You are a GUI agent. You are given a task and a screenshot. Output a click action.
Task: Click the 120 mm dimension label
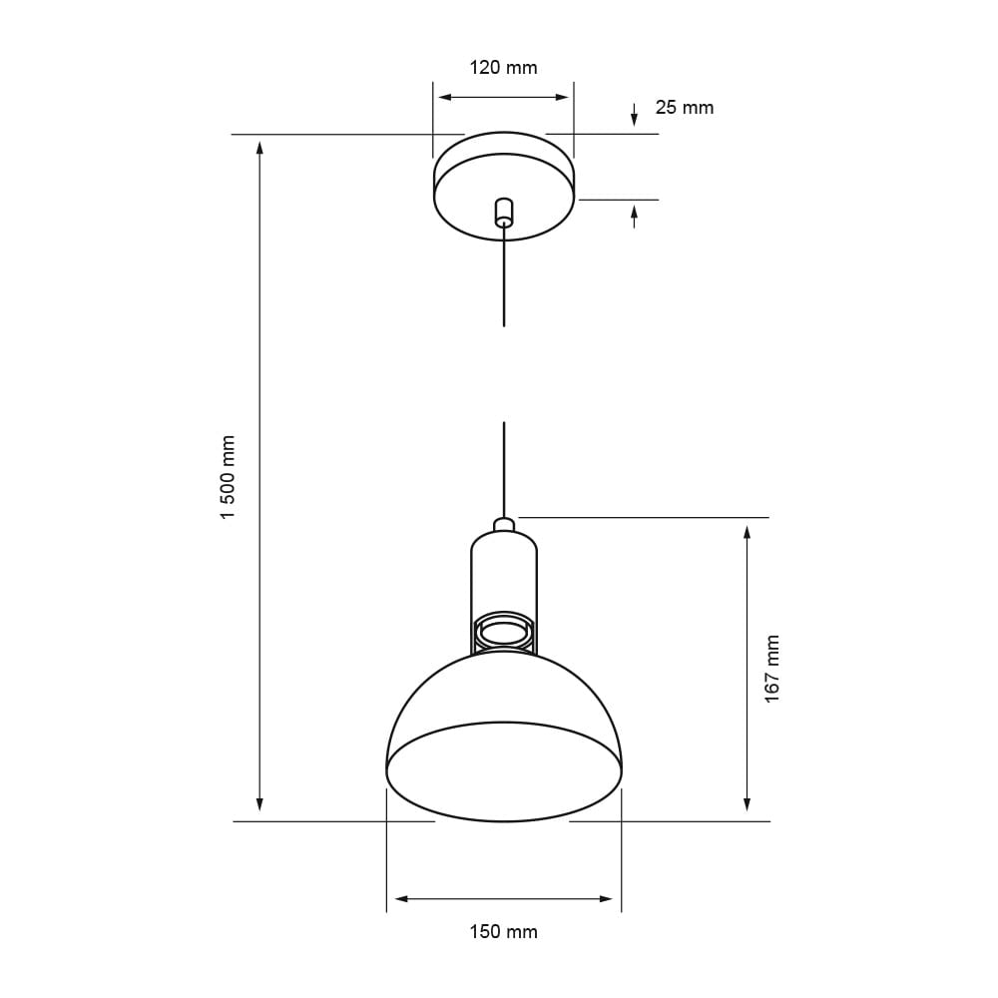[503, 68]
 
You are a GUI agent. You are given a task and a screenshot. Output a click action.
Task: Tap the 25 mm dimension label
[684, 108]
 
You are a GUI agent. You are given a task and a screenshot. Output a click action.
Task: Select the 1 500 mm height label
[229, 476]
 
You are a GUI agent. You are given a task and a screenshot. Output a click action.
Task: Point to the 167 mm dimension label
[772, 668]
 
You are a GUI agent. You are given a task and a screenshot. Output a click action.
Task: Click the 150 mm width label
[503, 932]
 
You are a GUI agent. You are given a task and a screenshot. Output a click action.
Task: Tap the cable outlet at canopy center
[504, 213]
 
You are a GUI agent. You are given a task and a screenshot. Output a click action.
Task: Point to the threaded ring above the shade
[504, 632]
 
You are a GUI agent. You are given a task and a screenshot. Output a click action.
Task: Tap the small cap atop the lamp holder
[504, 524]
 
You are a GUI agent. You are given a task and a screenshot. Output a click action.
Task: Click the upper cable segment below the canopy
[504, 279]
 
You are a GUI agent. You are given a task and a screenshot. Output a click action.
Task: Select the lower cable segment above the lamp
[504, 469]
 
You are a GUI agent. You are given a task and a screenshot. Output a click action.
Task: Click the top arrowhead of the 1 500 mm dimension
[259, 148]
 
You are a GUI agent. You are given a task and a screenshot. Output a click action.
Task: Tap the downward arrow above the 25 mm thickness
[634, 119]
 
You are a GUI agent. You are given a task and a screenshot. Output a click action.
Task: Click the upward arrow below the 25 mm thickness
[634, 212]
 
